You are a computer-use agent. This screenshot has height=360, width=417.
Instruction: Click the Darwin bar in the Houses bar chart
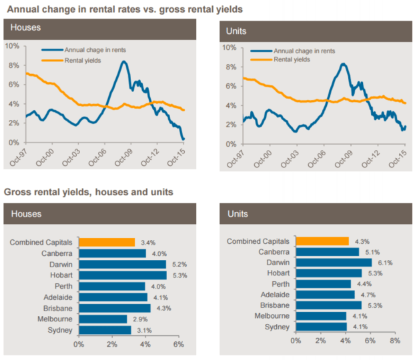pyautogui.click(x=122, y=265)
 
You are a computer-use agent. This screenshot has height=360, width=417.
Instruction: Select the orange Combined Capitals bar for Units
pyautogui.click(x=322, y=241)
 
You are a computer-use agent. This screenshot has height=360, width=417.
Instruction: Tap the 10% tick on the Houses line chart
pyautogui.click(x=12, y=46)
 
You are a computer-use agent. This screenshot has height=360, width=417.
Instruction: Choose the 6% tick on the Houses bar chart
pyautogui.click(x=178, y=345)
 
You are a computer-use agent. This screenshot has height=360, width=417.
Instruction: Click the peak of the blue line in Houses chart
pyautogui.click(x=124, y=61)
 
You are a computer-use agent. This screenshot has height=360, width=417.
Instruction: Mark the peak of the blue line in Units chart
pyautogui.click(x=342, y=64)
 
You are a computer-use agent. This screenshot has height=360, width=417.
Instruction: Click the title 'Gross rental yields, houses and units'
pyautogui.click(x=89, y=193)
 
